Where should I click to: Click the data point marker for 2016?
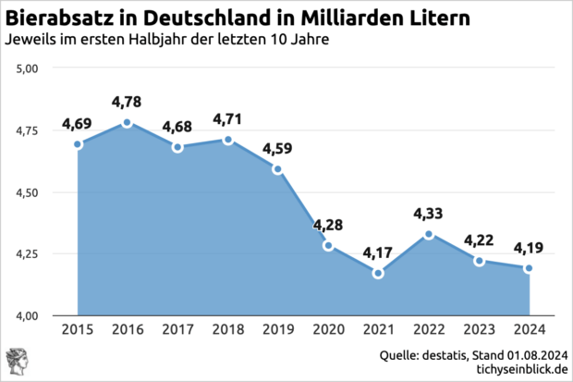(128, 123)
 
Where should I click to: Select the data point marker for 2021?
(377, 273)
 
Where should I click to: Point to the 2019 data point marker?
(277, 169)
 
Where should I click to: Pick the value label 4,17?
(378, 252)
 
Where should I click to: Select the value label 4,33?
(428, 213)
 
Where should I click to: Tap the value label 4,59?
(278, 147)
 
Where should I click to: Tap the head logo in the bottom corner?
(17, 361)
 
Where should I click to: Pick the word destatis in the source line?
(446, 354)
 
